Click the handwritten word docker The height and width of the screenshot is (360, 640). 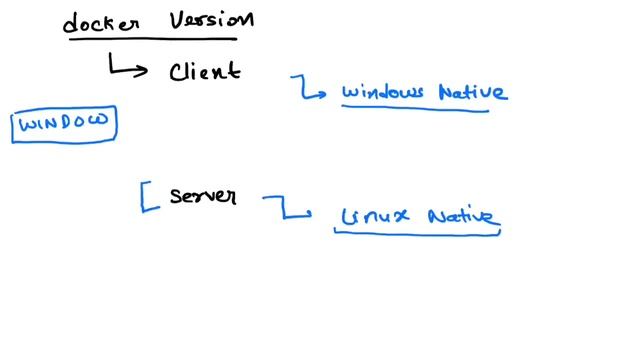point(101,23)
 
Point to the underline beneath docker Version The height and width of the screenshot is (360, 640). point(150,40)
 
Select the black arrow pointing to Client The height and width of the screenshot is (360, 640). point(127,67)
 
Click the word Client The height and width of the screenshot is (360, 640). point(204,71)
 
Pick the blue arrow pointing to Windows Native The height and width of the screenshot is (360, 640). point(309,89)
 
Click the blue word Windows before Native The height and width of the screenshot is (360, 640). point(381,93)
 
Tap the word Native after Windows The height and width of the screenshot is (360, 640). point(471,93)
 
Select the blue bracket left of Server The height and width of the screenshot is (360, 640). point(148,196)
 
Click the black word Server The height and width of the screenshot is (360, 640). point(203,196)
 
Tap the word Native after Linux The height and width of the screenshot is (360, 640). point(461,216)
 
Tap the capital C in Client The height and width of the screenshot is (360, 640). point(178,71)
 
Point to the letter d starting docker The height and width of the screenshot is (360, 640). point(72,22)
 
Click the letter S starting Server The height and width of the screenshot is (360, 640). point(176,196)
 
